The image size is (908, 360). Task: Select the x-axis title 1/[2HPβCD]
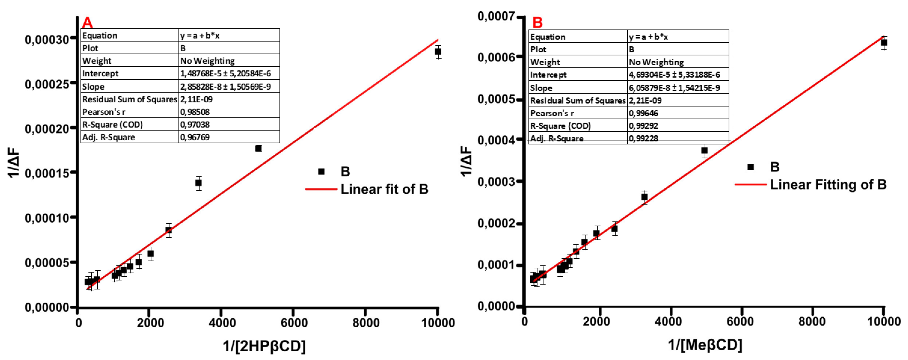pos(264,346)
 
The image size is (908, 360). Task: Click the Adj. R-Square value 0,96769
pos(195,137)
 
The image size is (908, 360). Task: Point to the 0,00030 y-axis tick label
pos(46,39)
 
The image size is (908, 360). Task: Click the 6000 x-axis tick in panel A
pos(293,322)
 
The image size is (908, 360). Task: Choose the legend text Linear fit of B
pos(384,189)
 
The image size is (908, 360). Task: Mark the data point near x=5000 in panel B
pos(704,151)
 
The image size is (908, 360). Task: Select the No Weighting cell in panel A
pos(208,61)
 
